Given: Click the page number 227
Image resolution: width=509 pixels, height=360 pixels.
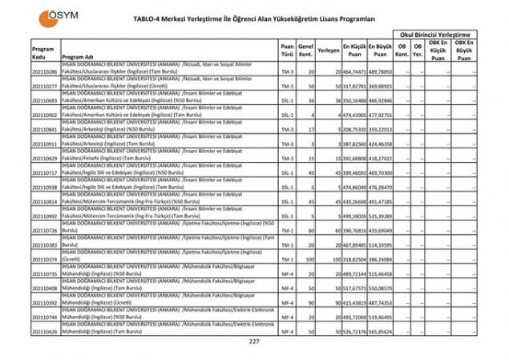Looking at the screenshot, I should click(x=254, y=342).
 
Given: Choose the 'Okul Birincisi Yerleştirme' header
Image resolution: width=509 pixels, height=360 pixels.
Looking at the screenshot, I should click(x=439, y=35).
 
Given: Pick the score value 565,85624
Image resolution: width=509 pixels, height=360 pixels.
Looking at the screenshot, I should click(x=382, y=331).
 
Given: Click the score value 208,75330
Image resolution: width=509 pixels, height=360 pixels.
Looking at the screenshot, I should click(x=355, y=129).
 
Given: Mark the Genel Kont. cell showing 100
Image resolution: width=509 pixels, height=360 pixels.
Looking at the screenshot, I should click(x=307, y=259).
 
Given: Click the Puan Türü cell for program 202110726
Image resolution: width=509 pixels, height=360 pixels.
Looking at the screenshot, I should click(x=287, y=230).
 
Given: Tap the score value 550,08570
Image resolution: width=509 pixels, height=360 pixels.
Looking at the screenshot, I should click(x=382, y=288).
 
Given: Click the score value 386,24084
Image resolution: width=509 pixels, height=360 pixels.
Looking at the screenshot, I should click(x=382, y=259).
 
